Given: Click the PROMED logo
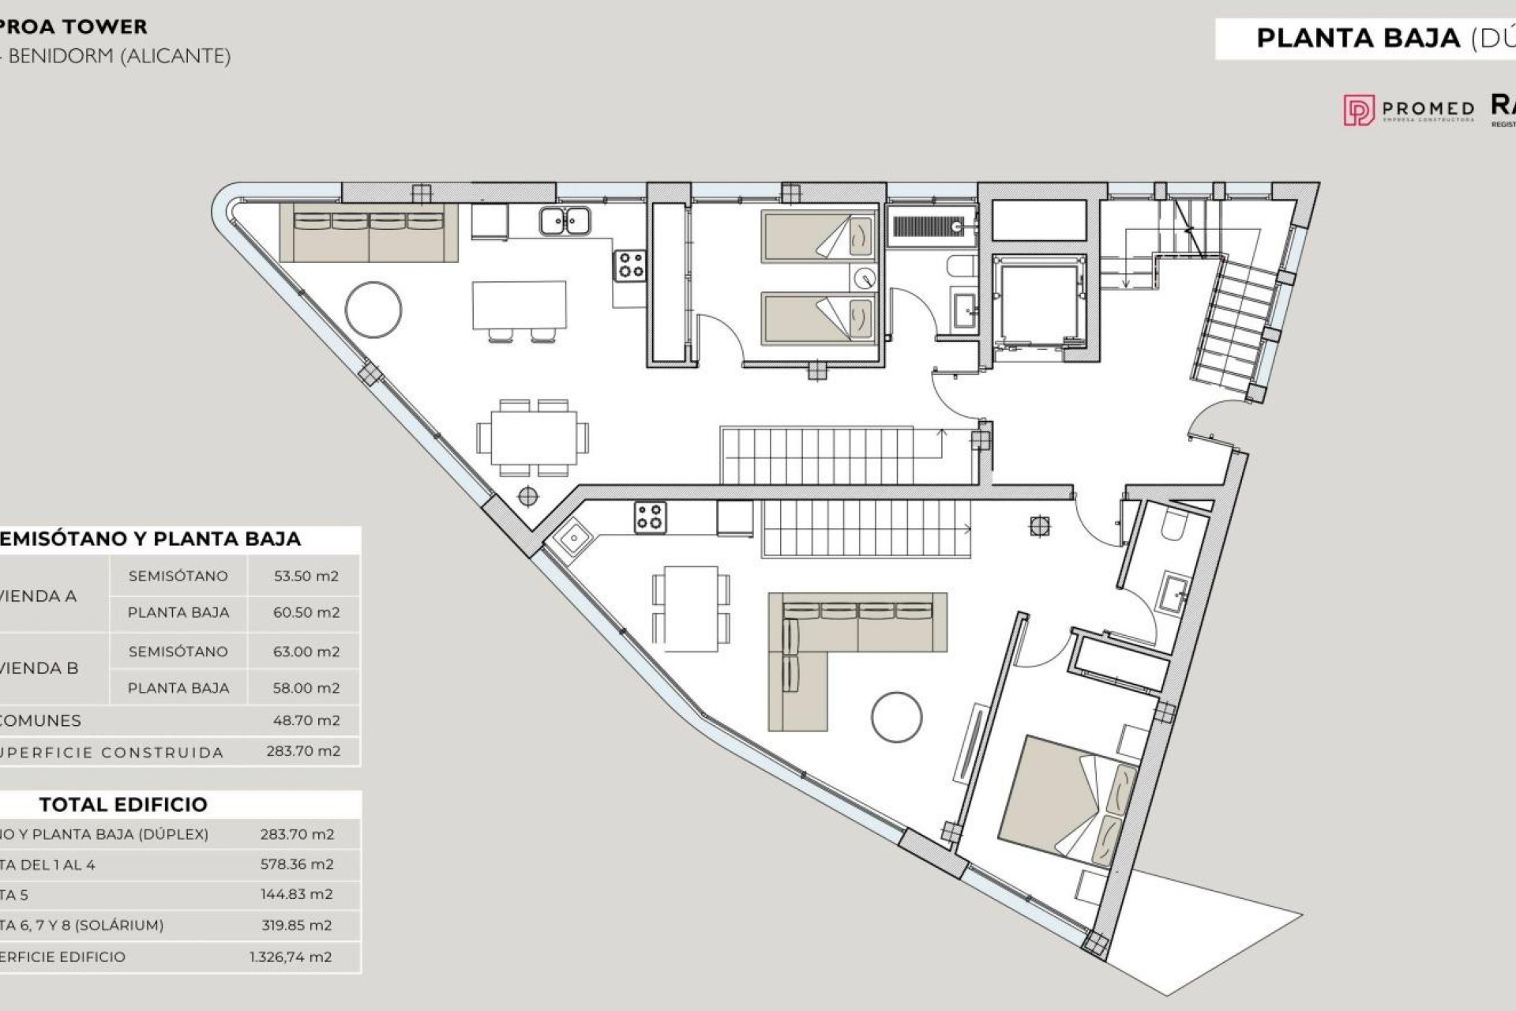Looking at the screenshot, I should tap(1409, 110).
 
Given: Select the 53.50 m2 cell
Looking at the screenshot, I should tap(306, 576).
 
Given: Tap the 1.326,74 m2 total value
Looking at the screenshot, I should tap(291, 957).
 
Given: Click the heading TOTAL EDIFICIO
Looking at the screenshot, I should tap(123, 804).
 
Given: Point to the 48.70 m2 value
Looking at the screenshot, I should tap(306, 720).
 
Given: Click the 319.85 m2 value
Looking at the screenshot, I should tap(297, 925).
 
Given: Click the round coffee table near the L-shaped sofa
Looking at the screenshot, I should tap(896, 717).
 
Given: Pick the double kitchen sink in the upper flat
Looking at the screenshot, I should tap(565, 221).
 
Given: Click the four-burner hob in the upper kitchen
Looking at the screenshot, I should tap(630, 265).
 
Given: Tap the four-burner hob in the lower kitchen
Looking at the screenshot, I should tap(650, 517).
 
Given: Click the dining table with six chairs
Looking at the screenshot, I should tap(533, 438).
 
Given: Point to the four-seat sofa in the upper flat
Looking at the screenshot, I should tap(369, 233).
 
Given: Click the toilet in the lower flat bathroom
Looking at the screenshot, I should tap(1175, 524).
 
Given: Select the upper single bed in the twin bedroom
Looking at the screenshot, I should tap(818, 235).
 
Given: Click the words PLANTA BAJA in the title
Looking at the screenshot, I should tap(1358, 38).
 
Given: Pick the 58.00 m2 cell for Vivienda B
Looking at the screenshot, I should tap(306, 688).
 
